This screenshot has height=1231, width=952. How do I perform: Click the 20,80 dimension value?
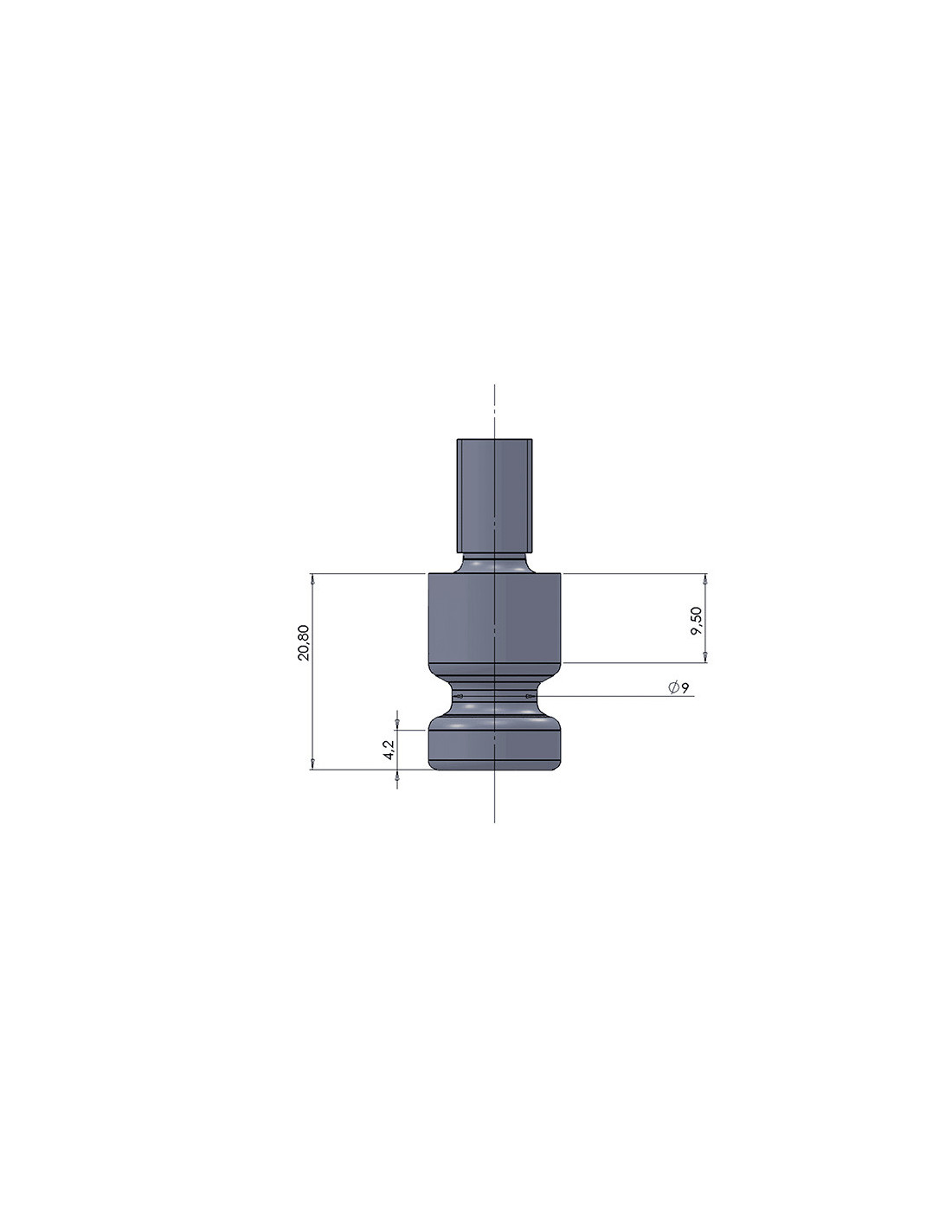point(304,641)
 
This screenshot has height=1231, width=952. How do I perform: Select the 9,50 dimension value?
point(696,621)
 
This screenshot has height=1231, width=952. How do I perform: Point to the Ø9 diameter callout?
point(678,687)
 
